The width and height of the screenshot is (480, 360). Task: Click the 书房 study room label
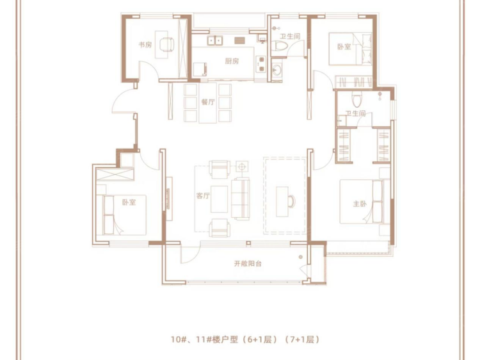coord(145,45)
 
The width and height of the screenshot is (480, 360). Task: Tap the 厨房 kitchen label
coord(232,61)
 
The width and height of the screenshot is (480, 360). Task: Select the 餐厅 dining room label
coord(208,102)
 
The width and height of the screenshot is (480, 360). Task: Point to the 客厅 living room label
coord(203,195)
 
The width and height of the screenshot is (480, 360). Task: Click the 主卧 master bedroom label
coord(360,204)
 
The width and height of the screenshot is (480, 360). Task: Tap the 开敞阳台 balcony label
coord(248,263)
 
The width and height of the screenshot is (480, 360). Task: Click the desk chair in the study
coord(167,44)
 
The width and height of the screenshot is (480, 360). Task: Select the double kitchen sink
coord(215,40)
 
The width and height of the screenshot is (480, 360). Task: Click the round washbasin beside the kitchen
coord(277,70)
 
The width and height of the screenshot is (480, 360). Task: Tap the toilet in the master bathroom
coord(356,99)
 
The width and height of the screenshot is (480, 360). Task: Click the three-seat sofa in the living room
coord(240,199)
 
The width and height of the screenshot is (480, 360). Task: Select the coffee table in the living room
coord(219,199)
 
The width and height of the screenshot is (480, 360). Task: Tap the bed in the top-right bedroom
coord(351,49)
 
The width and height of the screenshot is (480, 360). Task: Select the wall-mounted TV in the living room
coord(168,199)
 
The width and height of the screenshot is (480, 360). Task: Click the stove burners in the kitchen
coord(261,64)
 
